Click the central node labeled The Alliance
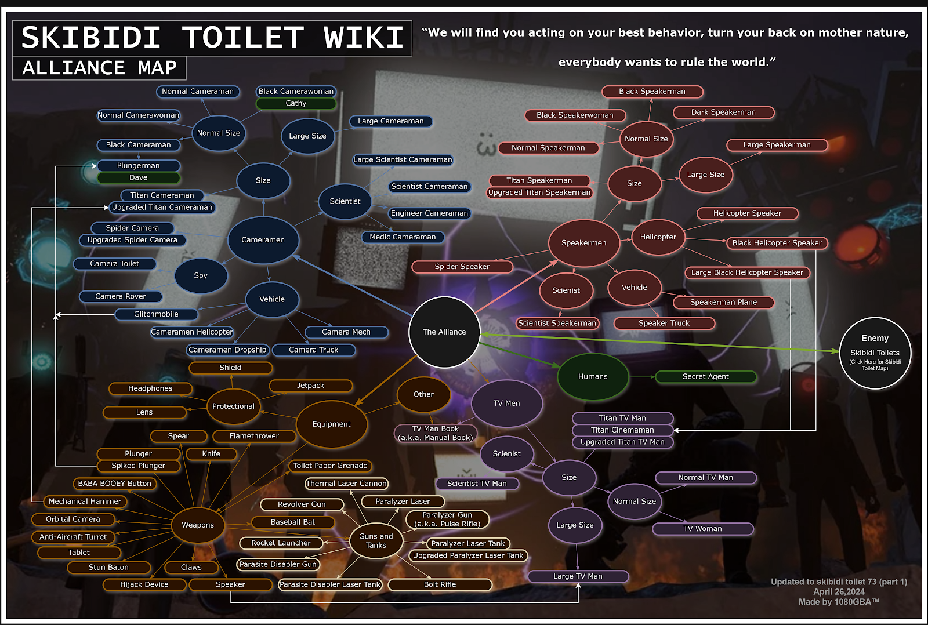click(x=444, y=332)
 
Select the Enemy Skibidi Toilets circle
click(x=875, y=353)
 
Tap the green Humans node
click(x=593, y=376)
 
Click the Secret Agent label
click(x=705, y=376)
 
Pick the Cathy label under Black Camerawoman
click(x=296, y=103)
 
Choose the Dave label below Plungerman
click(x=139, y=177)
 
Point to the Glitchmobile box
click(x=156, y=314)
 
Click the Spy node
click(x=201, y=275)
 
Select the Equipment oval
click(x=331, y=424)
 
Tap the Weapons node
click(x=198, y=525)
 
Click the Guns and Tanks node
click(x=376, y=540)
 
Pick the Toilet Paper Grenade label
click(x=330, y=466)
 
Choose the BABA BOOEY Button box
click(x=115, y=484)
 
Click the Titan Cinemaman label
click(x=622, y=430)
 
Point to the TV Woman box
click(x=702, y=529)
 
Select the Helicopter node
click(x=658, y=237)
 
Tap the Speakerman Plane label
click(x=723, y=302)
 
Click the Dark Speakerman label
click(x=723, y=112)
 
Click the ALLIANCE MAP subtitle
click(x=99, y=67)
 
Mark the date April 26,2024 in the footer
click(x=839, y=592)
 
